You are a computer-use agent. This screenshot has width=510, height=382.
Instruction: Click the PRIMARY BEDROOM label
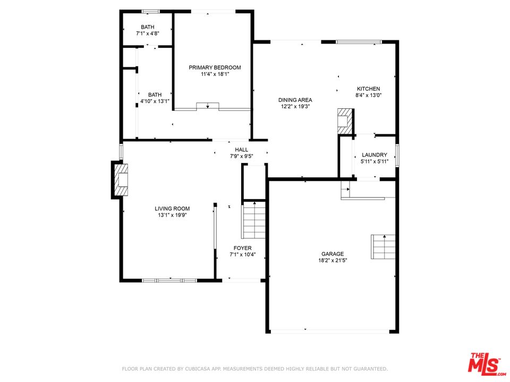click(x=215, y=67)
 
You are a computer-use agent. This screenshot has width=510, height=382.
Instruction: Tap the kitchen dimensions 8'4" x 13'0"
click(x=368, y=95)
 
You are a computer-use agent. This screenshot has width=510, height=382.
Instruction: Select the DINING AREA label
click(x=295, y=100)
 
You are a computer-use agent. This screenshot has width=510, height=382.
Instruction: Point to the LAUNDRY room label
click(x=375, y=155)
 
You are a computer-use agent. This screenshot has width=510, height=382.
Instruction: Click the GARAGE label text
click(x=333, y=254)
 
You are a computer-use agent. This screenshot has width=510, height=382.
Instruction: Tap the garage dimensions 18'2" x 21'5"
click(x=333, y=260)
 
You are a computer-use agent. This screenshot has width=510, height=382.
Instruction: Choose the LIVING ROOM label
click(x=172, y=209)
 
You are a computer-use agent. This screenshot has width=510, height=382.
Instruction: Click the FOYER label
click(x=242, y=248)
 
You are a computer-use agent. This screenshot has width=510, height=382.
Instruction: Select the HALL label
click(x=241, y=150)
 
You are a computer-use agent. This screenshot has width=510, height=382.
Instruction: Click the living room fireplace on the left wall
click(x=120, y=180)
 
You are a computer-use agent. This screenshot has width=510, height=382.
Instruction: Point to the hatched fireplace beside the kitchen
click(x=345, y=121)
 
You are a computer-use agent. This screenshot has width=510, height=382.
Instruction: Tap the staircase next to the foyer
click(x=253, y=220)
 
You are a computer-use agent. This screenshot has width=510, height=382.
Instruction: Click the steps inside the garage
click(x=383, y=247)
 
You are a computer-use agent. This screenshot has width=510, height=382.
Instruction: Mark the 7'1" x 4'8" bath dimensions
click(x=147, y=33)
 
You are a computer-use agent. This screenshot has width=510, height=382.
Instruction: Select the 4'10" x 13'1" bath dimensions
click(x=155, y=101)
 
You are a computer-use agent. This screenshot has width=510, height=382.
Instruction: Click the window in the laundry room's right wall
click(x=397, y=156)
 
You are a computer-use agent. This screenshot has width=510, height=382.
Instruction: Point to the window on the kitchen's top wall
click(x=359, y=42)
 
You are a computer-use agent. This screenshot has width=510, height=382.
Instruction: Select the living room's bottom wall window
click(x=169, y=280)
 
